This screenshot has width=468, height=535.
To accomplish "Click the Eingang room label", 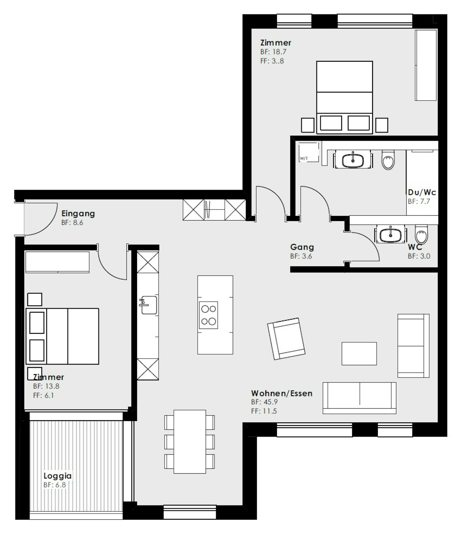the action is coord(78,214).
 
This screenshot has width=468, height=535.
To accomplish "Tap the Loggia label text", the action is coord(58,476).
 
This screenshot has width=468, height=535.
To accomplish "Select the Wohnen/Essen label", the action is coord(282,393).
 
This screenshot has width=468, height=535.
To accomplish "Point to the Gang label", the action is coord(302,247).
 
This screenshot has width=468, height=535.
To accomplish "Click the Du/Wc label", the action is coord(422,192).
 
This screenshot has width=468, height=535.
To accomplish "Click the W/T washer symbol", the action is coord(309,152).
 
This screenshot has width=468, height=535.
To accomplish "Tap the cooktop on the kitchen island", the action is coord(208,315).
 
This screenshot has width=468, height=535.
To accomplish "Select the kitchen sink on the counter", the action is coord(148,305).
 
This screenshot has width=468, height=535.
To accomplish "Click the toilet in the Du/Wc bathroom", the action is coord(389,160).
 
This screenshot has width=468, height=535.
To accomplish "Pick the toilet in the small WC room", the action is coord(422,234).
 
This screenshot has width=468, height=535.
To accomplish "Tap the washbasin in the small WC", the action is coord(390,234).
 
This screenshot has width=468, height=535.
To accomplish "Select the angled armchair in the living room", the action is coord(286,339).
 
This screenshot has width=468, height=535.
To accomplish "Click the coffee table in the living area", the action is coord(359,354).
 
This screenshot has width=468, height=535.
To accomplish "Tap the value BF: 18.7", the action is coord(273,52).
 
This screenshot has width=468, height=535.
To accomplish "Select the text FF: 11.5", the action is coord(264,411).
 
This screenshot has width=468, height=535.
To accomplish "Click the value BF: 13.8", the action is coord(46,386).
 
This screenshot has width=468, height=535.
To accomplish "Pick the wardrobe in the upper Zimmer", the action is coord(426,65).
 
